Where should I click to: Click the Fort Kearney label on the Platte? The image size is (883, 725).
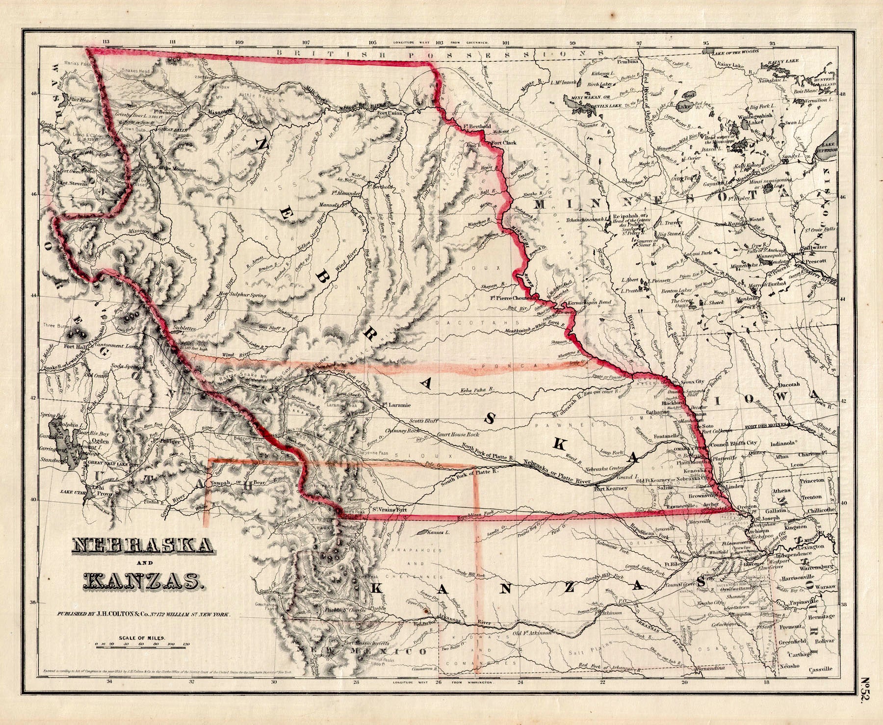click(x=610, y=489)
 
